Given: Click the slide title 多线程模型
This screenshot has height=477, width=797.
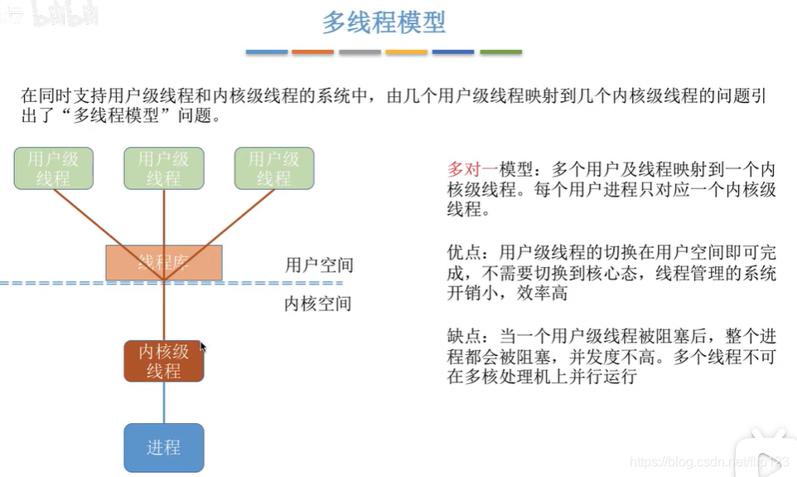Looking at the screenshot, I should click(x=384, y=22).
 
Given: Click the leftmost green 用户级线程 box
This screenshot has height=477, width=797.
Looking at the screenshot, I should click(x=54, y=168).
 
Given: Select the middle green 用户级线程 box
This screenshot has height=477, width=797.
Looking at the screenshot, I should click(x=163, y=168).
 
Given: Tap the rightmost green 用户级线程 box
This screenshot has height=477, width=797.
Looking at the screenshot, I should click(x=273, y=168).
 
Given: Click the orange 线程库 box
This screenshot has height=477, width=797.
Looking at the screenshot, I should click(x=163, y=262).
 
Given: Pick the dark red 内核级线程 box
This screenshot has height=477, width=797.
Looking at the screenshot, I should click(x=163, y=361).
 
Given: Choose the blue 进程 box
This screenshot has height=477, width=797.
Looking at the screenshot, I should click(x=163, y=447).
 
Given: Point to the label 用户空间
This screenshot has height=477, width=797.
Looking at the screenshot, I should click(x=319, y=265).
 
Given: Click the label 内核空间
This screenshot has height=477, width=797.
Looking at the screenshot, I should click(x=319, y=304).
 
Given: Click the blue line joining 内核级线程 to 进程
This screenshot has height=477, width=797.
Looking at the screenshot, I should click(x=163, y=402).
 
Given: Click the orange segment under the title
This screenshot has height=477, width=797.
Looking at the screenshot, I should click(x=312, y=52).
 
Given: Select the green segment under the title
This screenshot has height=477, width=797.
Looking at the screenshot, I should click(x=500, y=52).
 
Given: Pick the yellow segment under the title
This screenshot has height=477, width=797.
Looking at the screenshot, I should click(x=407, y=52).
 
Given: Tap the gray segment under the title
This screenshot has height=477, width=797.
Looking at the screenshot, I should click(x=360, y=52).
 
